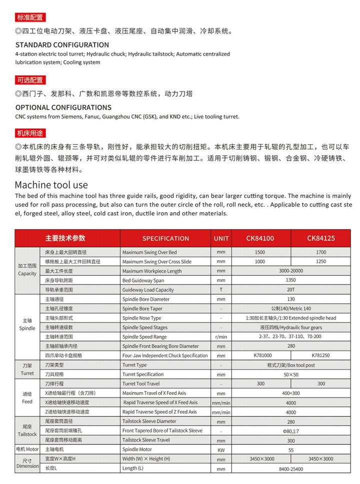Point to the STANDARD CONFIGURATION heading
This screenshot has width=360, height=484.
[x=62, y=44]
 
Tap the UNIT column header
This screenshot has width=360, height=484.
[x=221, y=238]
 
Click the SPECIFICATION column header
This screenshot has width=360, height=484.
[x=165, y=238]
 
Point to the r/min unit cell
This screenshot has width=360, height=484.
[x=221, y=337]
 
